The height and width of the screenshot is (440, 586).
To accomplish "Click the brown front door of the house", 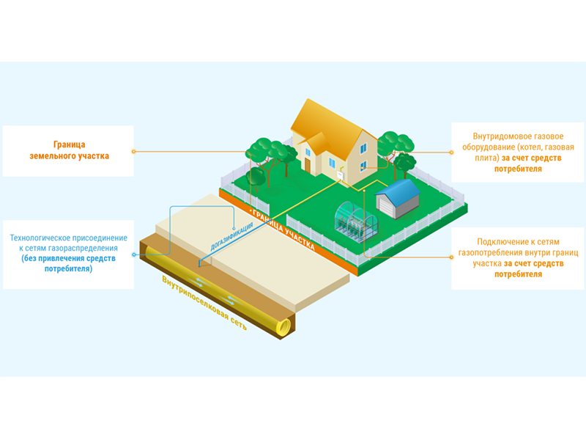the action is [x=308, y=164].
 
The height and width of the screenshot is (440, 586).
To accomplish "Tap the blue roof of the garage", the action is [x=398, y=191].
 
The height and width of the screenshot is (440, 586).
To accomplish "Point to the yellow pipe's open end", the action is [x=283, y=326].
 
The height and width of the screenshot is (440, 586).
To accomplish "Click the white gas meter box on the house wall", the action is [x=340, y=175].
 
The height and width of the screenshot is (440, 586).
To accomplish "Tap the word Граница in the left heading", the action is [x=69, y=144].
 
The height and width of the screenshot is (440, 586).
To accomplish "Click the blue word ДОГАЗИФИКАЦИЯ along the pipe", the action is [x=231, y=236].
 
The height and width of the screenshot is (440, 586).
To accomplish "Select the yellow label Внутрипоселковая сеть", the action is [x=204, y=303].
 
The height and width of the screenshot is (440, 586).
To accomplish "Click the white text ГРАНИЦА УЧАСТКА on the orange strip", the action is [x=284, y=230].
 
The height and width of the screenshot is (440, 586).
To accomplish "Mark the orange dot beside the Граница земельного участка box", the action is [x=133, y=152].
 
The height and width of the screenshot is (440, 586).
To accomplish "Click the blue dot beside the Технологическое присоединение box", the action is [x=134, y=254].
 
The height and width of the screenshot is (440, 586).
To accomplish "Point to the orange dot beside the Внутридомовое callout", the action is [x=451, y=153].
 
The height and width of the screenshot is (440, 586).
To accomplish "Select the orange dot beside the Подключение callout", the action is [x=451, y=257].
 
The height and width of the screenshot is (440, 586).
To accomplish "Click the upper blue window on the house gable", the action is [x=363, y=148].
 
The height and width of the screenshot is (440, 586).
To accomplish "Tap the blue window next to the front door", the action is [x=332, y=163].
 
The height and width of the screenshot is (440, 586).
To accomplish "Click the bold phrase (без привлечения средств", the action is [x=68, y=259].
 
